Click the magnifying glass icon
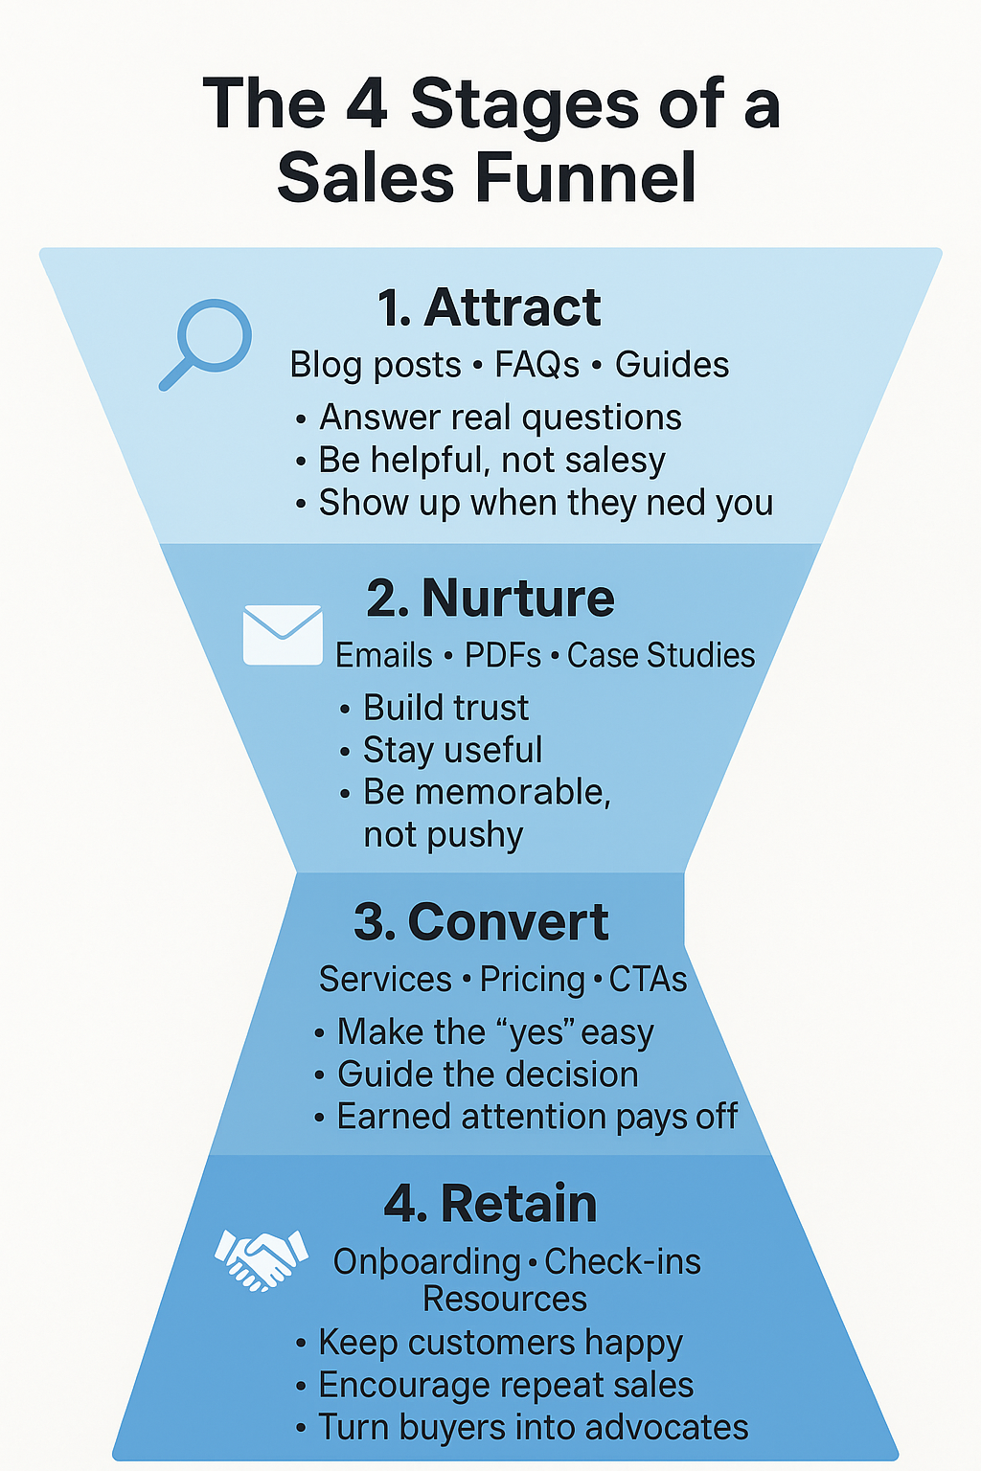pyautogui.click(x=207, y=343)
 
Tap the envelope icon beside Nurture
pyautogui.click(x=283, y=634)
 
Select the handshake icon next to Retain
pyautogui.click(x=261, y=1258)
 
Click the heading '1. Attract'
pyautogui.click(x=489, y=307)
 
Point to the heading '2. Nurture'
pyautogui.click(x=490, y=599)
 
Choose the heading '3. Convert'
pyautogui.click(x=481, y=922)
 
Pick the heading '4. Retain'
pyautogui.click(x=490, y=1204)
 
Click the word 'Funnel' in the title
pyautogui.click(x=584, y=178)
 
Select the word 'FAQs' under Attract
pyautogui.click(x=536, y=365)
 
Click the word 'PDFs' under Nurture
pyautogui.click(x=503, y=656)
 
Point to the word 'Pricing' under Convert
pyautogui.click(x=533, y=980)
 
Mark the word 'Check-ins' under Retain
pyautogui.click(x=623, y=1262)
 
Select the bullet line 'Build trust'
pyautogui.click(x=445, y=708)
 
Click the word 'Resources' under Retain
pyautogui.click(x=505, y=1300)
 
